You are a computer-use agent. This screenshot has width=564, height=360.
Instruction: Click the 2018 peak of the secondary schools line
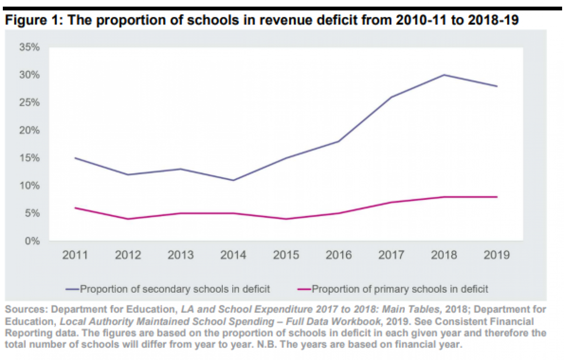(444, 75)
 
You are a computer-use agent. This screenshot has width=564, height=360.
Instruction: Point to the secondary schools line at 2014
(234, 180)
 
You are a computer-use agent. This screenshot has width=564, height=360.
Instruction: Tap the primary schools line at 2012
(128, 219)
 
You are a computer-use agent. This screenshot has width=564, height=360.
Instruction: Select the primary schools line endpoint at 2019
(497, 197)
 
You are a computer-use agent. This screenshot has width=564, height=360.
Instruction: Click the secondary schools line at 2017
(392, 97)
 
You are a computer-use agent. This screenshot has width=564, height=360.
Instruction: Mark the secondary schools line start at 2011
(76, 158)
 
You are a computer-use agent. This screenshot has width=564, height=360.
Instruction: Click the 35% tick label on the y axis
(30, 47)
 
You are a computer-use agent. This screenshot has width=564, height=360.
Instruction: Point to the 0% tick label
(32, 241)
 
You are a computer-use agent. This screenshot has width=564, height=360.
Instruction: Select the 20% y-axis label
(30, 130)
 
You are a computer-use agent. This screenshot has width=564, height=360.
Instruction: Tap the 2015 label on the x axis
(286, 255)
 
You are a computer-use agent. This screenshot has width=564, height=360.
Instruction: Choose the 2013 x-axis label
(181, 255)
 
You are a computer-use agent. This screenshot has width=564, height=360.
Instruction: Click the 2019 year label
(497, 255)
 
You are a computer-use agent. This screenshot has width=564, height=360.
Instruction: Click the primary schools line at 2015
(286, 219)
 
